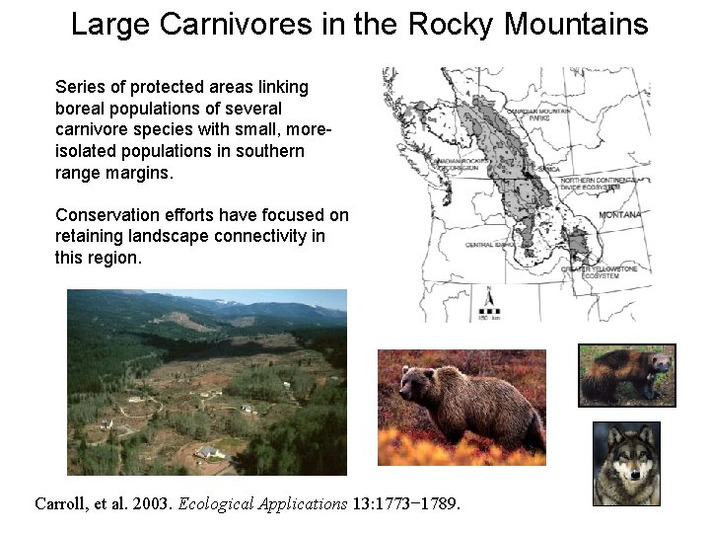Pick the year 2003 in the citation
[x=150, y=504]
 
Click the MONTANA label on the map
[x=618, y=215]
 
